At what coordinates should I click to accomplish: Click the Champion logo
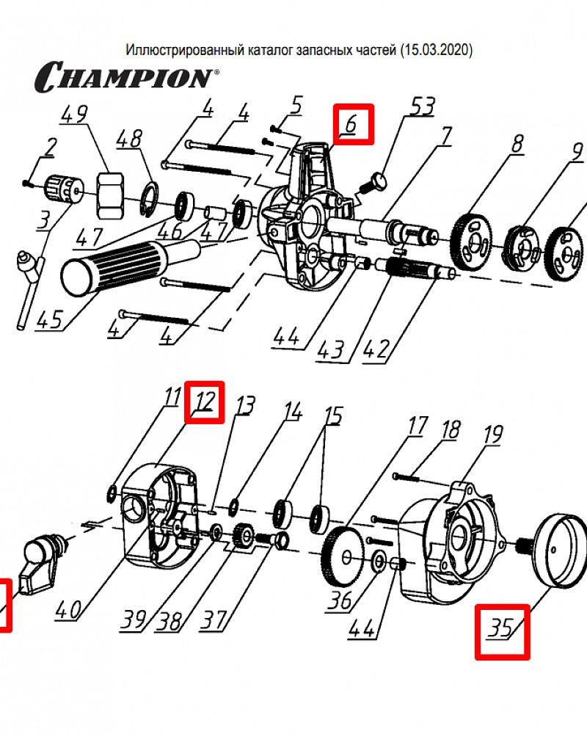[x=125, y=76]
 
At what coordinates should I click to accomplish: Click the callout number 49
[x=74, y=115]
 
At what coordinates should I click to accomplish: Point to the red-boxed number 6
[x=352, y=125]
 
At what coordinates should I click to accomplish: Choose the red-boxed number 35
[x=502, y=631]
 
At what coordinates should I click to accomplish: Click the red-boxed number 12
[x=205, y=401]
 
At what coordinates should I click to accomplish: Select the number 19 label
[x=492, y=435]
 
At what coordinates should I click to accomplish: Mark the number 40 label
[x=68, y=610]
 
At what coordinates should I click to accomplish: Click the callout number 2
[x=49, y=148]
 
